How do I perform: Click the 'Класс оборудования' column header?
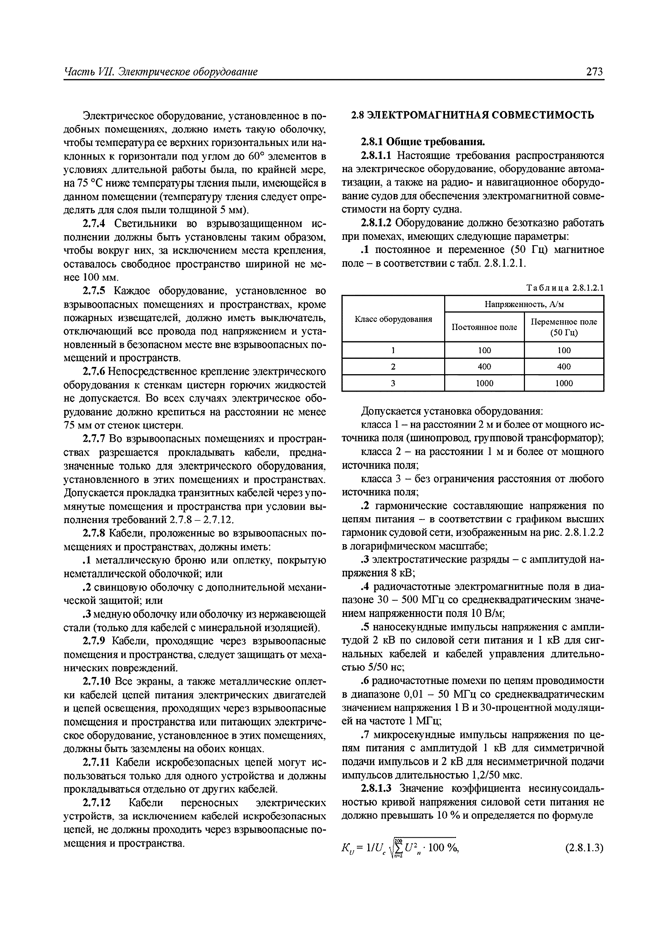click(393, 319)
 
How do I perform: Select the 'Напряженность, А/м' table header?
click(524, 304)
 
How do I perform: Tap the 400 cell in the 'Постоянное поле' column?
click(484, 366)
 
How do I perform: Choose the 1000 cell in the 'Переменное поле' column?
click(563, 383)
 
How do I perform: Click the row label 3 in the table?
click(393, 383)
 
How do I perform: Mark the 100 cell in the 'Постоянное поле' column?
click(484, 350)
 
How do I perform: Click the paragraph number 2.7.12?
click(98, 803)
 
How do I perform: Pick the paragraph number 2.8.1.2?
click(377, 223)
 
